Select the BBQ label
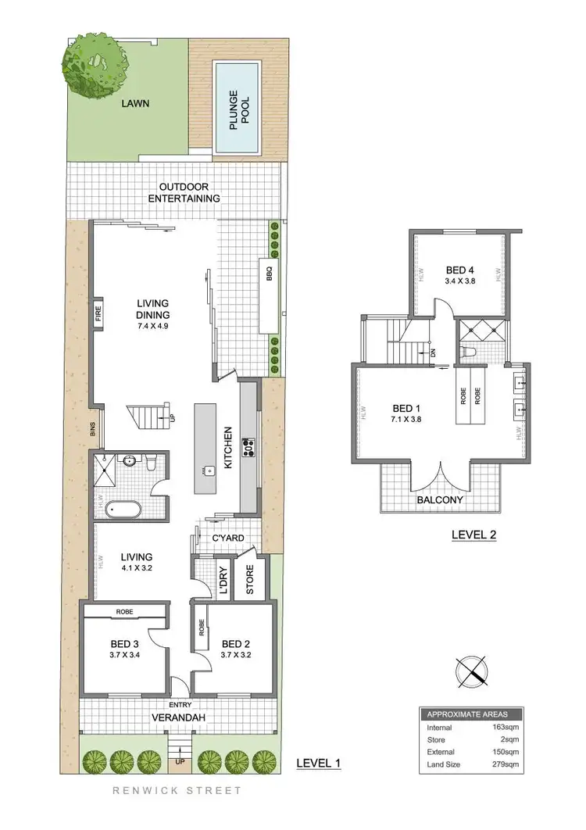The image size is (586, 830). pyautogui.click(x=268, y=274)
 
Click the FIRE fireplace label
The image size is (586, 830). pyautogui.click(x=99, y=313)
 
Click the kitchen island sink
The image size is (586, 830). pyautogui.click(x=210, y=470)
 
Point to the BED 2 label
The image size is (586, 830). pyautogui.click(x=236, y=645)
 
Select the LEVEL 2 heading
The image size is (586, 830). pyautogui.click(x=474, y=535)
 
